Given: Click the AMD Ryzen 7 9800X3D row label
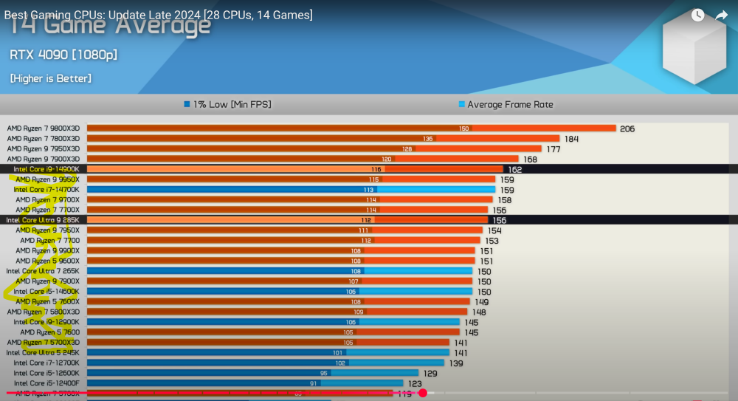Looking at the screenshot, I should point(43,128).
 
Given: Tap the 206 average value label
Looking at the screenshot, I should point(627,128).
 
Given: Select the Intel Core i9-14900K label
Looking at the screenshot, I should point(46,169).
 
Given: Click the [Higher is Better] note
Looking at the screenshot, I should point(51,78).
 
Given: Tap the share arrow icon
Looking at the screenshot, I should point(721,16).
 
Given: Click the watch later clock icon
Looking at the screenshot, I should point(697,16).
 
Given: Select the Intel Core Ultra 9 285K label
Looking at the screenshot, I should point(42,220).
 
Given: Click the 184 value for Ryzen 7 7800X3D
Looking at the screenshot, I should point(571,139).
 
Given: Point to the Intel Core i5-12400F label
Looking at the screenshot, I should point(46,383).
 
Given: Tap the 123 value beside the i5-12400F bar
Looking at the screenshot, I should point(415,383).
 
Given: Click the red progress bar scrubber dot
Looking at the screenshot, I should point(423,393).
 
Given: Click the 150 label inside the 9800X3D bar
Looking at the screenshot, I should point(463,128).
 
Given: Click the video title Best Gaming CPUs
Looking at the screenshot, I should point(159,15).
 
